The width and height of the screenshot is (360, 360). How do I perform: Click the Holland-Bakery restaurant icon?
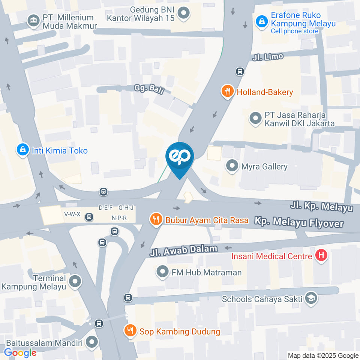[227, 91]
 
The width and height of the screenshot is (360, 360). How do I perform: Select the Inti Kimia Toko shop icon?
[23, 150]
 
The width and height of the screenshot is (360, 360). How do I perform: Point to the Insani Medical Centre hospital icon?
[321, 256]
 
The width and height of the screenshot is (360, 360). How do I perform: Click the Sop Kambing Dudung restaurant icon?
[130, 331]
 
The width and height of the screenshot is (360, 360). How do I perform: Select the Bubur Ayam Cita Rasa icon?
[156, 219]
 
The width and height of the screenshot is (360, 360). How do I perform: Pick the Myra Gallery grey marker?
[232, 166]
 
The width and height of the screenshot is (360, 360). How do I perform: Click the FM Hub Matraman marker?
[162, 272]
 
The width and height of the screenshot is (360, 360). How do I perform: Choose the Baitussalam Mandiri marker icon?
[92, 342]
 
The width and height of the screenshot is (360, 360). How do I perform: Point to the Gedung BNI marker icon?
[183, 13]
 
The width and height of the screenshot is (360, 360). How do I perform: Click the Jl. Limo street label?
[268, 57]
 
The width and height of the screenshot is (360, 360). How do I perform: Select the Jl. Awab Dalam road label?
[183, 250]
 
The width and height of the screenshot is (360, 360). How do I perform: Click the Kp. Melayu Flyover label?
[299, 222]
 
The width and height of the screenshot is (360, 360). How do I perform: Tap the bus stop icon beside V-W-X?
[89, 217]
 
